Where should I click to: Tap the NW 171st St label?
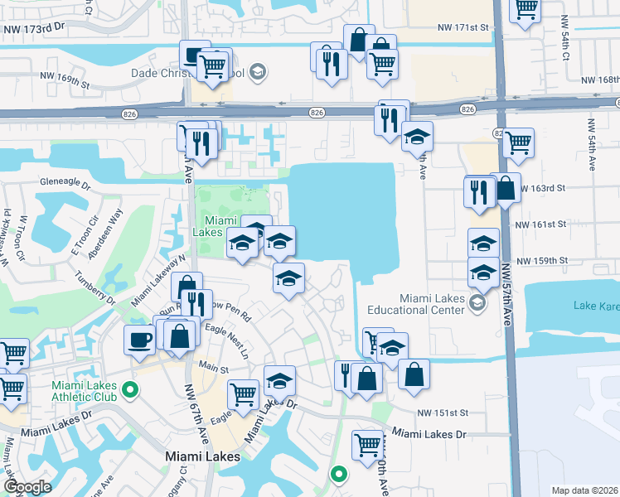click(x=463, y=28)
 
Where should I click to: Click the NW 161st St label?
click(x=540, y=224)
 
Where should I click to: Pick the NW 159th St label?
click(x=540, y=261)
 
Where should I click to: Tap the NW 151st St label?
click(x=443, y=413)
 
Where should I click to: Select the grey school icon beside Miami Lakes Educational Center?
click(x=477, y=303)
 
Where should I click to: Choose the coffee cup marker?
click(x=139, y=339)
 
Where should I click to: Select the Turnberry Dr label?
click(x=93, y=283)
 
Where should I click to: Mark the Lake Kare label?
click(x=598, y=306)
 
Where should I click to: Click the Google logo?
click(x=27, y=487)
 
